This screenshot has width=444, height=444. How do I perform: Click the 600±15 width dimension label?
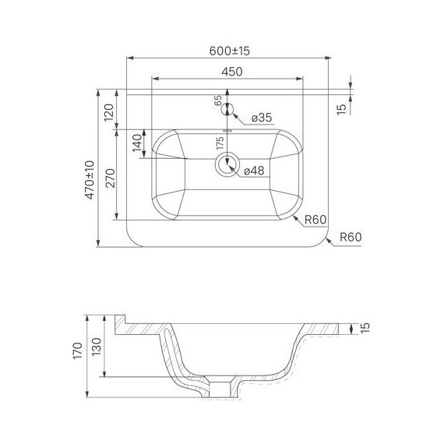click(230, 51)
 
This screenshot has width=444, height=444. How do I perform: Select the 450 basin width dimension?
click(232, 72)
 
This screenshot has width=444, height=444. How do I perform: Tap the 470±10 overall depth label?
click(90, 180)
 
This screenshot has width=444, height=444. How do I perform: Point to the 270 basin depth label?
click(111, 178)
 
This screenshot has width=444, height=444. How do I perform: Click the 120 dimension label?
click(109, 112)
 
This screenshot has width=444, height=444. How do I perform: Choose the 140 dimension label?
click(137, 143)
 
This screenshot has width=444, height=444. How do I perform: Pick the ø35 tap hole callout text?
click(262, 117)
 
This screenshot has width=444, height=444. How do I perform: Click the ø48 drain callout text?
click(254, 171)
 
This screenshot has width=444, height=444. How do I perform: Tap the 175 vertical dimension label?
click(220, 143)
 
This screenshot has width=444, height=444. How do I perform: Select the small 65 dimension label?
click(218, 100)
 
